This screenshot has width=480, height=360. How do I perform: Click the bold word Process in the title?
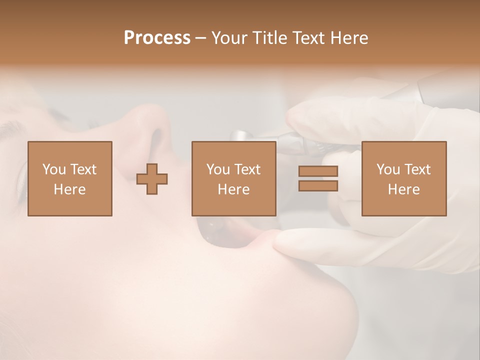[157, 38]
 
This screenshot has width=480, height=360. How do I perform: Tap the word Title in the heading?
[269, 38]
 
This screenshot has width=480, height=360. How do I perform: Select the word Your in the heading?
[228, 38]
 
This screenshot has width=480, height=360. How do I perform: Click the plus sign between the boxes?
[152, 179]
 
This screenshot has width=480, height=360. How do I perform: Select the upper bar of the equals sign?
[318, 171]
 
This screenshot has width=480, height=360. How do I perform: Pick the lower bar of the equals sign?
[318, 185]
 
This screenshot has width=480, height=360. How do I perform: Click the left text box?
[69, 178]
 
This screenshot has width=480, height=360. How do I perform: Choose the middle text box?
[233, 178]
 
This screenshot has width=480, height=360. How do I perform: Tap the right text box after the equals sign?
[403, 178]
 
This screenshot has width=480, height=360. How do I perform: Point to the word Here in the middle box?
[233, 189]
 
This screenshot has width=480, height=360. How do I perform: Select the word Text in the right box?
[418, 169]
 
